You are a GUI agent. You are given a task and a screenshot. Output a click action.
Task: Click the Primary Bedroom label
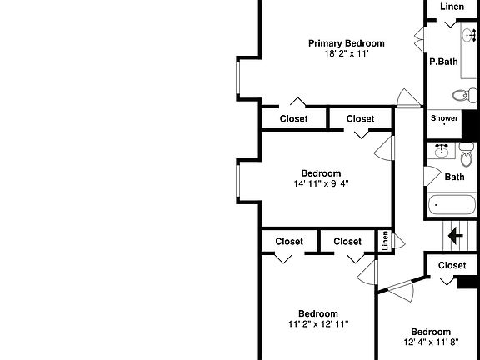[346, 43]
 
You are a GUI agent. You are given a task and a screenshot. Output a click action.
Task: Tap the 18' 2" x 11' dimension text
[347, 54]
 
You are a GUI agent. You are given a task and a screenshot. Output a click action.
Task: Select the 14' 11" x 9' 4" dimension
[321, 183]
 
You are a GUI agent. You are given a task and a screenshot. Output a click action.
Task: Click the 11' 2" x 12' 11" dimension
[318, 324]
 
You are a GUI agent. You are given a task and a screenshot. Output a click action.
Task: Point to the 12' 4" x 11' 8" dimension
[431, 342]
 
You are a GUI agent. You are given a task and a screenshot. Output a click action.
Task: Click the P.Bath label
[443, 62]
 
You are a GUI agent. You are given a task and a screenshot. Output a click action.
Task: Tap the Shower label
[444, 118]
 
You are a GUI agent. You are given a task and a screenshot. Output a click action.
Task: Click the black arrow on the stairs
[456, 236]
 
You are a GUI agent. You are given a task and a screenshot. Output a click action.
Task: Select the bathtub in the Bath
[452, 205]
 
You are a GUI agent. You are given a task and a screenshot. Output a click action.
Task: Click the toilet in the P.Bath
[465, 95]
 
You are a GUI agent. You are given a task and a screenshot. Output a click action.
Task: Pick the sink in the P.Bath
[469, 35]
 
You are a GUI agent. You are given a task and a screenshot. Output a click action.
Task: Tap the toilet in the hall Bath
[466, 154]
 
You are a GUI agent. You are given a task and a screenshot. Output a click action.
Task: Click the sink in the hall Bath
[442, 151]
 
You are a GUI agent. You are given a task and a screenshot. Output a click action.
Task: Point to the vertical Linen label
[385, 241]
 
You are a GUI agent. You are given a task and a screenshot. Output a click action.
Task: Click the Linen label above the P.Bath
[452, 7]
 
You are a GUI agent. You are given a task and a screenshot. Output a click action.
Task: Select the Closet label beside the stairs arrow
[452, 265]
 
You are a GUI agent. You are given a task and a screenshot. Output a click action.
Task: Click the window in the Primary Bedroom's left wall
[237, 78]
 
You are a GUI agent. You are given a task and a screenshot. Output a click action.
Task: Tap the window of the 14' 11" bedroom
[237, 181]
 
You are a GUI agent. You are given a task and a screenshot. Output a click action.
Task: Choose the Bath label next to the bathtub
[455, 177]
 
